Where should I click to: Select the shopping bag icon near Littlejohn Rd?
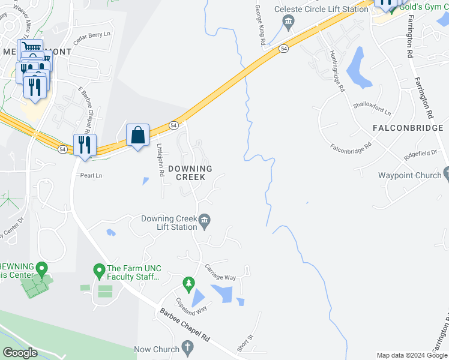point(138,134)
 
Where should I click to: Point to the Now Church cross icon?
point(187,347)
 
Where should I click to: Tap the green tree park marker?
point(188,283)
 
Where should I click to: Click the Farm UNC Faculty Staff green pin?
point(99,271)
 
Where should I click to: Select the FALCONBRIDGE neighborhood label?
point(408,128)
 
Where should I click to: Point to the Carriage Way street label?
point(220,273)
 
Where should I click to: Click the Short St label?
point(244,343)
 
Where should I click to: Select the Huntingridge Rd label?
point(337,71)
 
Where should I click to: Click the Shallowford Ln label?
point(372,109)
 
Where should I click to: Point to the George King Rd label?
point(259,26)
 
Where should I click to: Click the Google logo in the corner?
point(20,353)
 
